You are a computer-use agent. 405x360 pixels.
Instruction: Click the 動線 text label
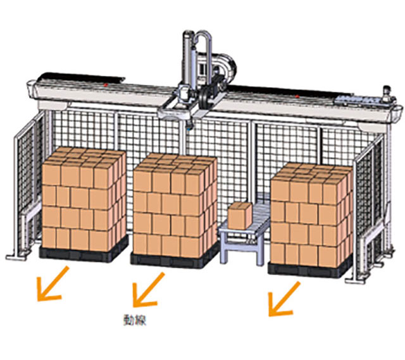pyautogui.click(x=135, y=320)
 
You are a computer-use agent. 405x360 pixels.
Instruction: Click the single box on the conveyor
pyautogui.click(x=240, y=215)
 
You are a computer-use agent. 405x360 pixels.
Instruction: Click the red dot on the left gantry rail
pyautogui.click(x=105, y=85)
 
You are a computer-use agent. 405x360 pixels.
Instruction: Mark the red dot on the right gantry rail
pyautogui.click(x=297, y=97)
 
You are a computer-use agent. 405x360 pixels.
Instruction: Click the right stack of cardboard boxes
pyautogui.click(x=312, y=215)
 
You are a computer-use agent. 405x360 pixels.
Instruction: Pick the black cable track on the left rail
pyautogui.click(x=82, y=77)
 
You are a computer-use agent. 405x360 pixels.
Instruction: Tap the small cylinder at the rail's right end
pyautogui.click(x=387, y=93)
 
